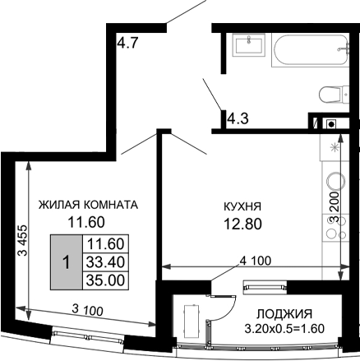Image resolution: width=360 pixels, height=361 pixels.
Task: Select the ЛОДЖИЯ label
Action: coord(284,314)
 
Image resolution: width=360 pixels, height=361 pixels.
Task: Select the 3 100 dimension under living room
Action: coord(87,309)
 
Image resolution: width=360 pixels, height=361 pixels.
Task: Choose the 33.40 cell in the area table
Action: coord(105,261)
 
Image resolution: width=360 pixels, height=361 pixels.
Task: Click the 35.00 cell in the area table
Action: coord(105,280)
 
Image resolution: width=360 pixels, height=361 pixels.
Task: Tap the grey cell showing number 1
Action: coord(66,261)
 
